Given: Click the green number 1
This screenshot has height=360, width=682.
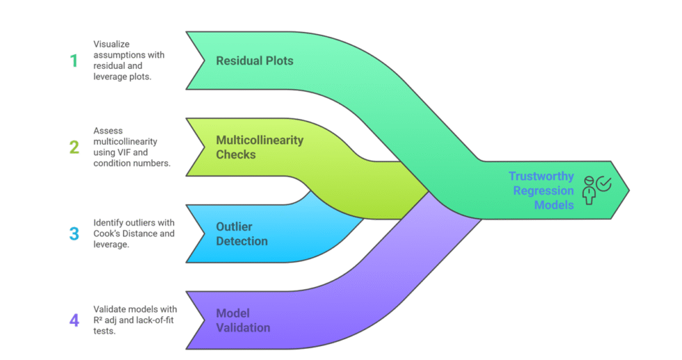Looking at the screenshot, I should pyautogui.click(x=73, y=61).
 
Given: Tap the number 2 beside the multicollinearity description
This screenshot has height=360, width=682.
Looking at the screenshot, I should pyautogui.click(x=73, y=147).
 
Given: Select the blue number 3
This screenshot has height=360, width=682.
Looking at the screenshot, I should pyautogui.click(x=74, y=233).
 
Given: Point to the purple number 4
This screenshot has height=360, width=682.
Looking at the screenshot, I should pyautogui.click(x=74, y=320).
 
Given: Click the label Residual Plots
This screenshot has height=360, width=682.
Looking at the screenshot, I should pyautogui.click(x=255, y=61).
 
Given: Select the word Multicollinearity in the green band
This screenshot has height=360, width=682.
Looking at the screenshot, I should pyautogui.click(x=260, y=140).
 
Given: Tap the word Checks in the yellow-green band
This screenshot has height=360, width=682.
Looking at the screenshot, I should pyautogui.click(x=236, y=155).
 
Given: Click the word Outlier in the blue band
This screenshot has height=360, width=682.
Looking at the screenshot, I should pyautogui.click(x=234, y=226).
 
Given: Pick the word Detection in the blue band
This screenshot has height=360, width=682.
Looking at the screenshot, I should pyautogui.click(x=241, y=241).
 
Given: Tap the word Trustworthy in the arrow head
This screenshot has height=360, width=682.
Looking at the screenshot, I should pyautogui.click(x=541, y=176).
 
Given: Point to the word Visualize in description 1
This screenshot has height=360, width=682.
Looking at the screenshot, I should pyautogui.click(x=113, y=44).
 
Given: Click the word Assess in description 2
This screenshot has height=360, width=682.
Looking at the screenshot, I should pyautogui.click(x=109, y=130).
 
